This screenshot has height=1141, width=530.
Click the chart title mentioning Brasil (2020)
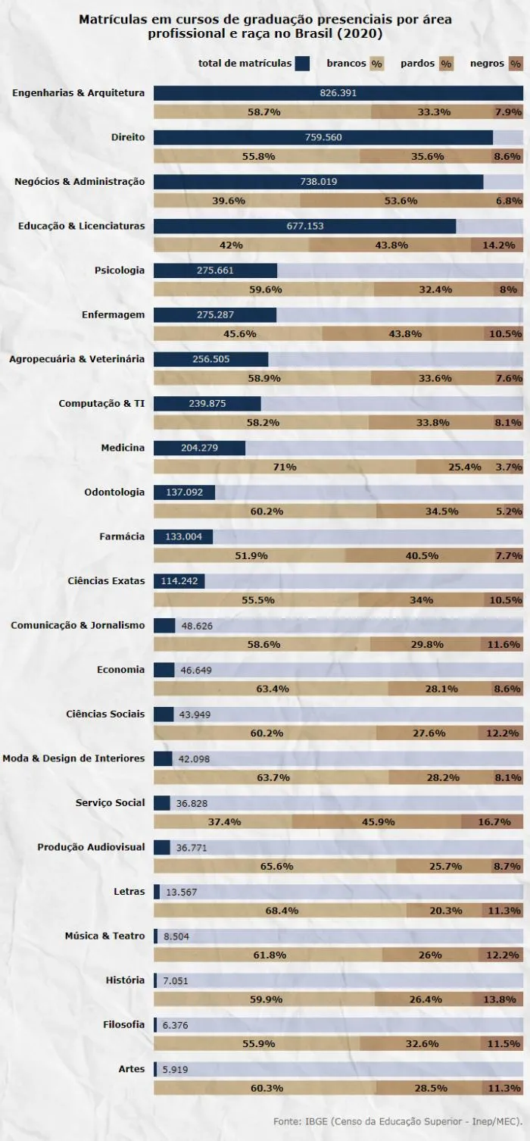(x=265, y=27)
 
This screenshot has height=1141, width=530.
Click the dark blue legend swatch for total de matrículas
(x=303, y=64)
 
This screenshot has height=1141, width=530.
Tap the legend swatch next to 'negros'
(x=516, y=64)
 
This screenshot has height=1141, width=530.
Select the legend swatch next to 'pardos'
(x=446, y=64)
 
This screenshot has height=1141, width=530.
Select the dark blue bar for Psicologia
(x=215, y=270)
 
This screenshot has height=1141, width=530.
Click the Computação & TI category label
(x=101, y=403)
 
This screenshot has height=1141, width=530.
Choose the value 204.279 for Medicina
(x=200, y=448)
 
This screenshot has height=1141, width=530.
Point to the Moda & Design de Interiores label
(x=73, y=758)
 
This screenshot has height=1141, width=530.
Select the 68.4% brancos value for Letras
(x=281, y=910)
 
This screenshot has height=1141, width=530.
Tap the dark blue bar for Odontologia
(x=184, y=492)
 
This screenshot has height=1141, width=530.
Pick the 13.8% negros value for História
(x=500, y=999)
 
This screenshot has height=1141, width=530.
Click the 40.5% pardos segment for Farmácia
(x=421, y=555)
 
